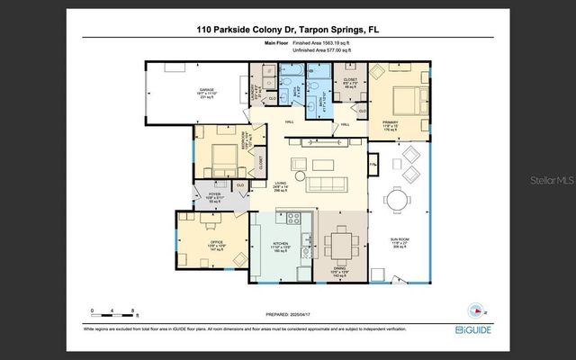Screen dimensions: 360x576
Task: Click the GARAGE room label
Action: [x=205, y=91]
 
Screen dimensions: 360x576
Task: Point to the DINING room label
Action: [x=342, y=269]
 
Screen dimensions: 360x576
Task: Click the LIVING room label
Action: [x=281, y=185]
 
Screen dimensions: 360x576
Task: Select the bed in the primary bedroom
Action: [x=400, y=99]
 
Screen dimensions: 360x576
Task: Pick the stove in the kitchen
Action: [x=292, y=217]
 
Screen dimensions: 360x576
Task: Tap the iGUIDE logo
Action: [x=472, y=329]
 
